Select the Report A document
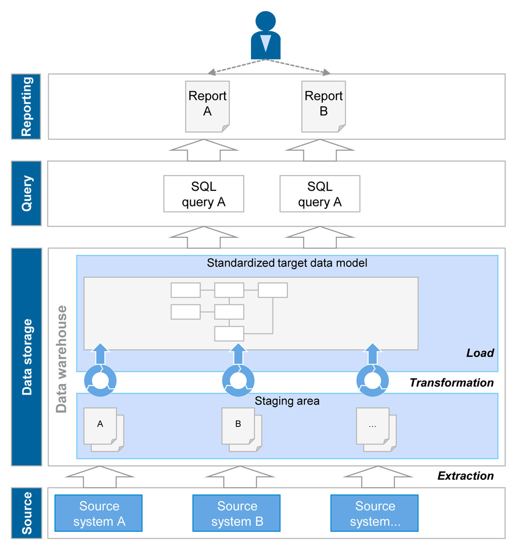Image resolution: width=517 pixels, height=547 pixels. pyautogui.click(x=208, y=105)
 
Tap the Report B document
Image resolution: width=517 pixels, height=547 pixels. pyautogui.click(x=324, y=105)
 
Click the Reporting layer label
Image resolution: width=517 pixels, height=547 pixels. pyautogui.click(x=26, y=106)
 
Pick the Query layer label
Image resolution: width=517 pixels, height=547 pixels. pyautogui.click(x=26, y=193)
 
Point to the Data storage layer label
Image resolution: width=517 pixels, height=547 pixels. pyautogui.click(x=26, y=356)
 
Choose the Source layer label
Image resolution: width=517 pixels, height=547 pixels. pyautogui.click(x=26, y=513)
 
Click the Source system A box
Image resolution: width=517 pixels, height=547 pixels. pyautogui.click(x=99, y=514)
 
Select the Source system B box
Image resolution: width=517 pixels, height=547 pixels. pyautogui.click(x=237, y=514)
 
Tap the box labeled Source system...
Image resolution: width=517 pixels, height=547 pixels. pyautogui.click(x=375, y=514)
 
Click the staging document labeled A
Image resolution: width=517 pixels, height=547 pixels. pyautogui.click(x=101, y=425)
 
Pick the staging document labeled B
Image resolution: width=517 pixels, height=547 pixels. pyautogui.click(x=239, y=425)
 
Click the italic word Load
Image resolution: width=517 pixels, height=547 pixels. pyautogui.click(x=480, y=353)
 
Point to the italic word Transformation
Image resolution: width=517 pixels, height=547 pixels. pyautogui.click(x=451, y=382)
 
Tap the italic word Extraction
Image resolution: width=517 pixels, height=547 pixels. pyautogui.click(x=465, y=475)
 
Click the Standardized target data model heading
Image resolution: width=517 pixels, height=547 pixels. pyautogui.click(x=287, y=262)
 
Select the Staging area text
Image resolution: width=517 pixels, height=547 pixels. pyautogui.click(x=287, y=401)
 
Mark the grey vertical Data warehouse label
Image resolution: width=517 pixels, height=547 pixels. pyautogui.click(x=62, y=359)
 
